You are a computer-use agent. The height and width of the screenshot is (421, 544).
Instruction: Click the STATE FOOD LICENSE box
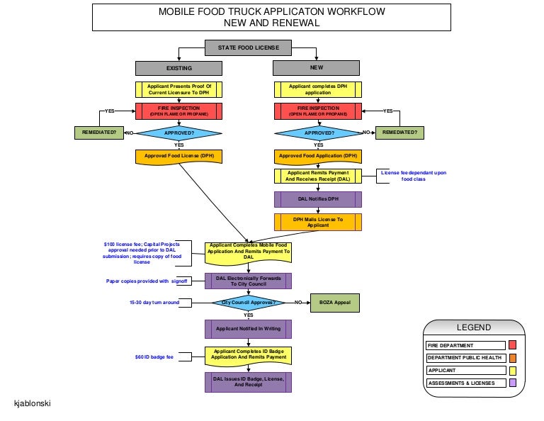249,48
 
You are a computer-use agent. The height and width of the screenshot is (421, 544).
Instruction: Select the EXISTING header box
178,69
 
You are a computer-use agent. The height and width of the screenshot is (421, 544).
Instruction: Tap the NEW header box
317,68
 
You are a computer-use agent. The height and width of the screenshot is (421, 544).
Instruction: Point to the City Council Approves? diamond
248,303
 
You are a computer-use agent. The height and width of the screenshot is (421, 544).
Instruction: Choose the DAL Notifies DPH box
318,199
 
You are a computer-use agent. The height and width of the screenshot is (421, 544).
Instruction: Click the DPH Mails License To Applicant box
318,223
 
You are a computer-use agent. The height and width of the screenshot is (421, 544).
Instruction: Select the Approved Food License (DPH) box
178,156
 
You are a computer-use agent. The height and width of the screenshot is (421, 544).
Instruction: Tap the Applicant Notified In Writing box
248,329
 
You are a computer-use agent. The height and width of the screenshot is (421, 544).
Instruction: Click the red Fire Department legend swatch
513,345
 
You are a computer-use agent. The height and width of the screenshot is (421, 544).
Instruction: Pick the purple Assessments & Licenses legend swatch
513,383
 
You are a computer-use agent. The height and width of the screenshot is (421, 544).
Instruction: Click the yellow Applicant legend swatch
513,371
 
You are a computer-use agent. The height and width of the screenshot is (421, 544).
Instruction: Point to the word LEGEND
473,327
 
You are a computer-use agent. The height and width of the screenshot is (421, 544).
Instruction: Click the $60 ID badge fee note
154,357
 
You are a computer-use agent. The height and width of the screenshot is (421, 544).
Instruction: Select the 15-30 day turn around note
154,303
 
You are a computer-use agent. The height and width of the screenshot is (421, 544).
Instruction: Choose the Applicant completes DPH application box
318,90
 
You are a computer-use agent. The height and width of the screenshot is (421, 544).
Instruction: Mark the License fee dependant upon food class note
414,176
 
